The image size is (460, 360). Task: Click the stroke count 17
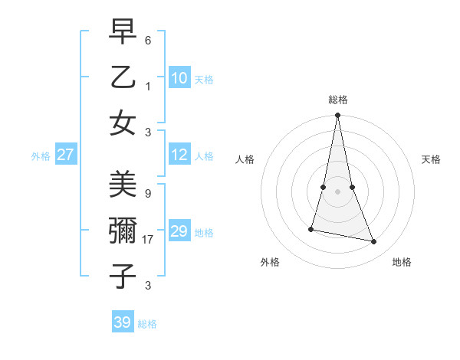tap(149, 240)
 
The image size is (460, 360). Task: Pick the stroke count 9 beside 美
tap(148, 195)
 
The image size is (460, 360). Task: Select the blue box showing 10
tap(179, 78)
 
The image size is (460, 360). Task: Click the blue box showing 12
tap(179, 155)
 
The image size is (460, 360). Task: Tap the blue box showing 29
tap(179, 231)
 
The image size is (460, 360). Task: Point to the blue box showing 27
tap(65, 155)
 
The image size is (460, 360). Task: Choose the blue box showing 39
tap(122, 322)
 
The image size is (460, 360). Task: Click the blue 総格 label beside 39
tap(147, 324)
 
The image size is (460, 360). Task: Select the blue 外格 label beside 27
tap(41, 156)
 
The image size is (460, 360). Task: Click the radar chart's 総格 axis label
tap(338, 100)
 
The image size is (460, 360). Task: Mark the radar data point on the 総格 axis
tap(337, 116)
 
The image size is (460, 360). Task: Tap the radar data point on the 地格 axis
tap(374, 242)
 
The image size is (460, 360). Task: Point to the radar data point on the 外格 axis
tap(311, 229)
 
